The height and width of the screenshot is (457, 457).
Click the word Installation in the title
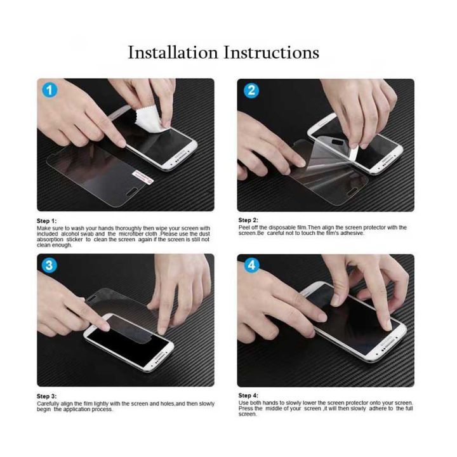(x=172, y=52)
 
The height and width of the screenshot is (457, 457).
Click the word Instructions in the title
(x=271, y=52)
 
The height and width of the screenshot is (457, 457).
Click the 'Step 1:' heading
(x=47, y=221)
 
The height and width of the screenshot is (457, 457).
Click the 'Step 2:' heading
(x=248, y=220)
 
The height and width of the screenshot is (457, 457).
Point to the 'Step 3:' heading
(x=47, y=396)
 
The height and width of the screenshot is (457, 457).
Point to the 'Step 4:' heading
(x=248, y=395)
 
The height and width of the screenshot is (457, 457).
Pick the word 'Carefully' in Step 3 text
(x=48, y=404)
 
